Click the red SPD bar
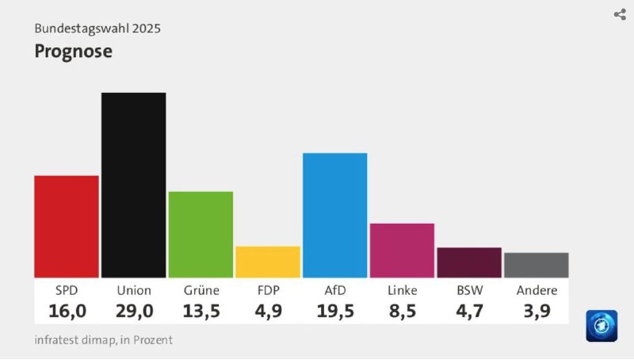click(x=67, y=227)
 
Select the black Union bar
click(x=133, y=186)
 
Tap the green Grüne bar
click(x=201, y=235)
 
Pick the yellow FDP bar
click(x=268, y=262)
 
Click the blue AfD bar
click(x=334, y=215)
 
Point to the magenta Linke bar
click(x=402, y=251)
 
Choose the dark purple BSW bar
click(x=469, y=263)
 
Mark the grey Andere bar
click(x=537, y=266)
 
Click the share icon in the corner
click(x=620, y=14)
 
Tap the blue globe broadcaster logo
click(x=602, y=326)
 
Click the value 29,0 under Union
click(x=134, y=311)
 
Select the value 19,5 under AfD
click(x=335, y=311)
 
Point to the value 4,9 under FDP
click(x=269, y=311)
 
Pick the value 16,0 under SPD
click(x=67, y=311)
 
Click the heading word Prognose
click(x=73, y=52)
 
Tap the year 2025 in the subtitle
click(x=147, y=29)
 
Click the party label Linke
click(x=403, y=290)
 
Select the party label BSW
click(x=469, y=290)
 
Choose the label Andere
click(x=537, y=290)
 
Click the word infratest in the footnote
click(x=56, y=339)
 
